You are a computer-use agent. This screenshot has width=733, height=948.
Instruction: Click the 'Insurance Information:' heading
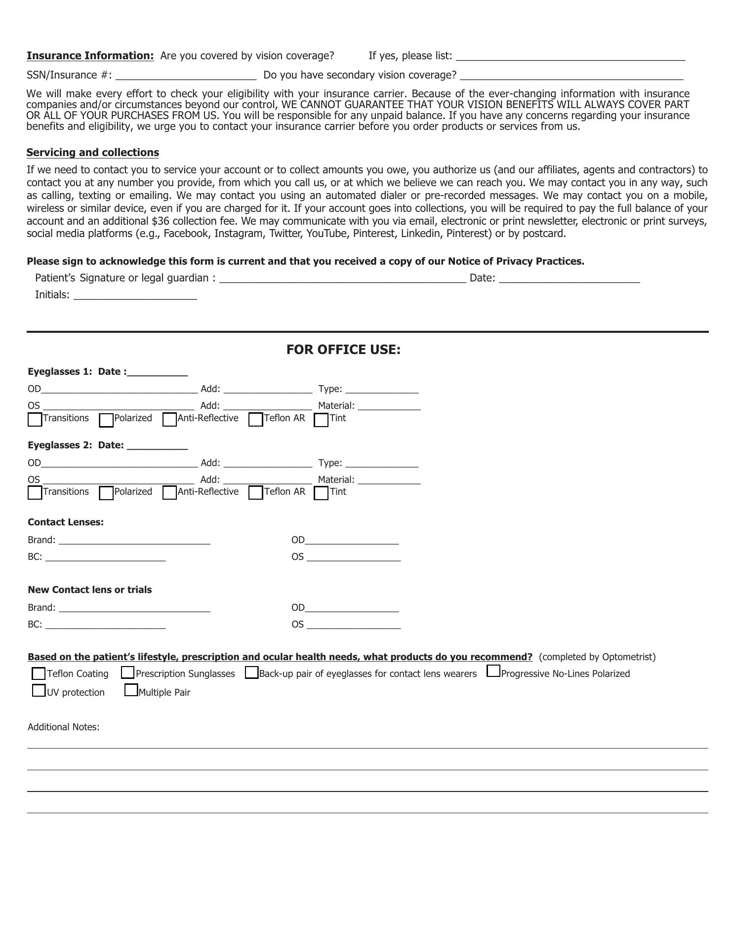coord(90,56)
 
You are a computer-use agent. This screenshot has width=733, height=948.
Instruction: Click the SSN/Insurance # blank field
coord(186,75)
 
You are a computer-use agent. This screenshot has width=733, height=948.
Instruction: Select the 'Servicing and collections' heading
coord(93,153)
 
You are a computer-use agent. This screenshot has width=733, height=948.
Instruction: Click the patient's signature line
coord(342,278)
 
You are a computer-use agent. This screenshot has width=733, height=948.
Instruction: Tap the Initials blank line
coord(135,295)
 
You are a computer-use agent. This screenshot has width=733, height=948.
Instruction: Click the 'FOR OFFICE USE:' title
coord(343,350)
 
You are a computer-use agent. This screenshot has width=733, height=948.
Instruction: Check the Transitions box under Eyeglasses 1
coord(35,420)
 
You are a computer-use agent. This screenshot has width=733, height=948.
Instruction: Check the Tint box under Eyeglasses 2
coord(321,493)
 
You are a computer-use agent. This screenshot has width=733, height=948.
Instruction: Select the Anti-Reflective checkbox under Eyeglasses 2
coord(169,493)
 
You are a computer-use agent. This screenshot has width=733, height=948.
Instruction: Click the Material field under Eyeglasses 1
coord(389,406)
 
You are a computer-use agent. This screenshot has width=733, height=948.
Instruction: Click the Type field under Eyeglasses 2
coord(382,463)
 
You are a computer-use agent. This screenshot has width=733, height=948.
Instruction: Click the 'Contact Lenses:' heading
coord(66,522)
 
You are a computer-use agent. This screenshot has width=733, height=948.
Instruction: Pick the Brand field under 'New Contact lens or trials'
coord(134,608)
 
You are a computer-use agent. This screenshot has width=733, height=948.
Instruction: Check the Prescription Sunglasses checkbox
coord(127,672)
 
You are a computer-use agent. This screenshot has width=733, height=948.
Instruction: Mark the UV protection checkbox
coord(39,690)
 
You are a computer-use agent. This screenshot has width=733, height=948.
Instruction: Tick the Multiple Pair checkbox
coord(131,690)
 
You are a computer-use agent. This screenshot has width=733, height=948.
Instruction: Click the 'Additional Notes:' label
coord(64,727)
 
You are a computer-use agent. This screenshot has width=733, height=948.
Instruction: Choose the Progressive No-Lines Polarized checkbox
coord(493,671)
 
